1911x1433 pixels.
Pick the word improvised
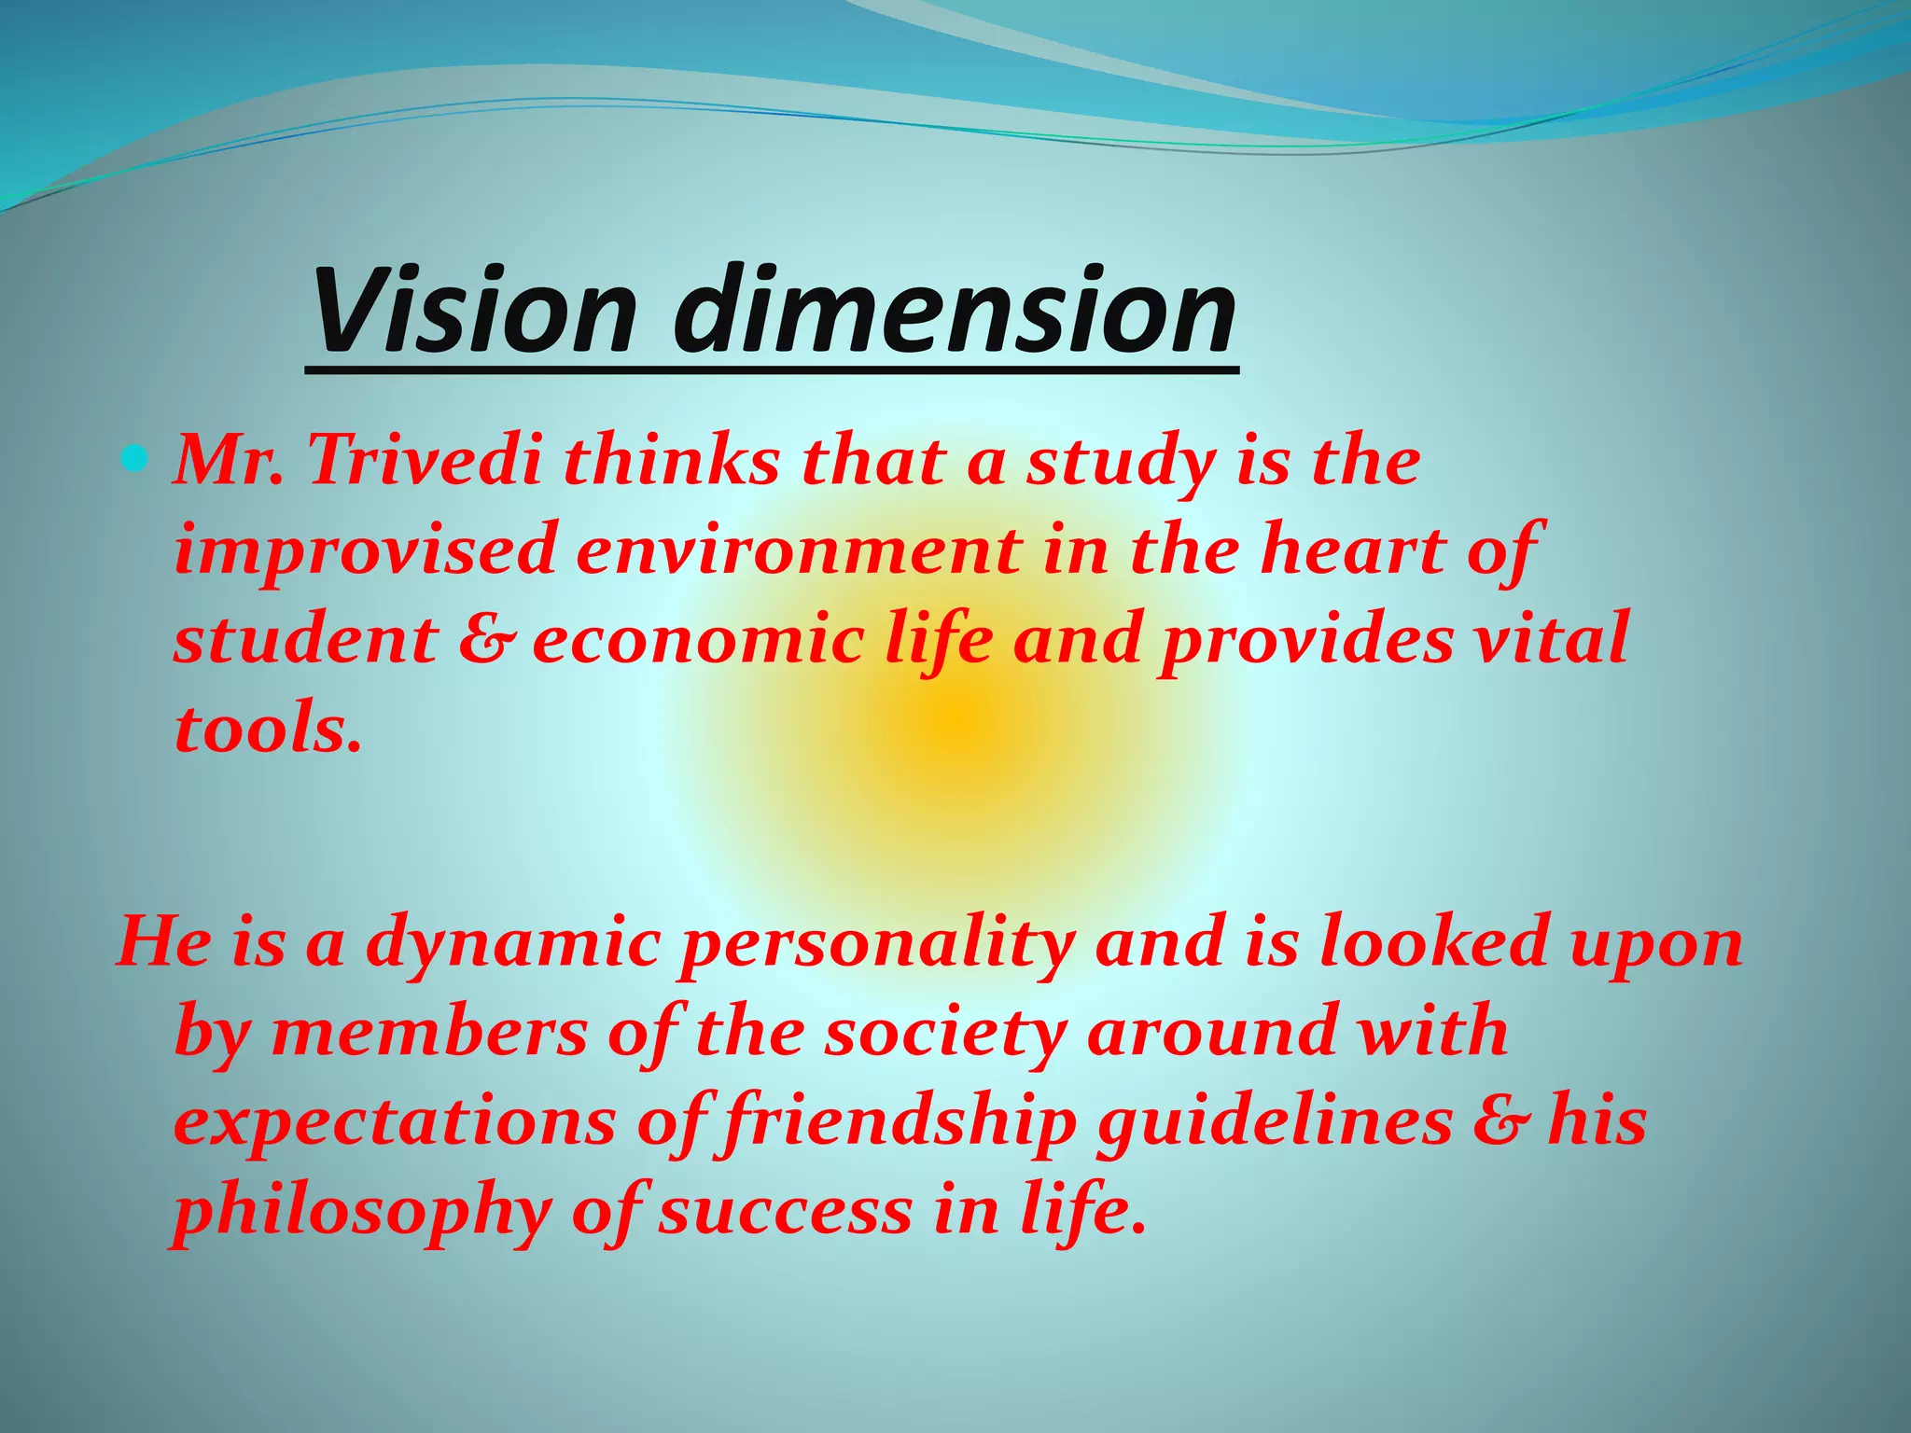pyautogui.click(x=365, y=550)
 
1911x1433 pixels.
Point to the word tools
pyautogui.click(x=267, y=729)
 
